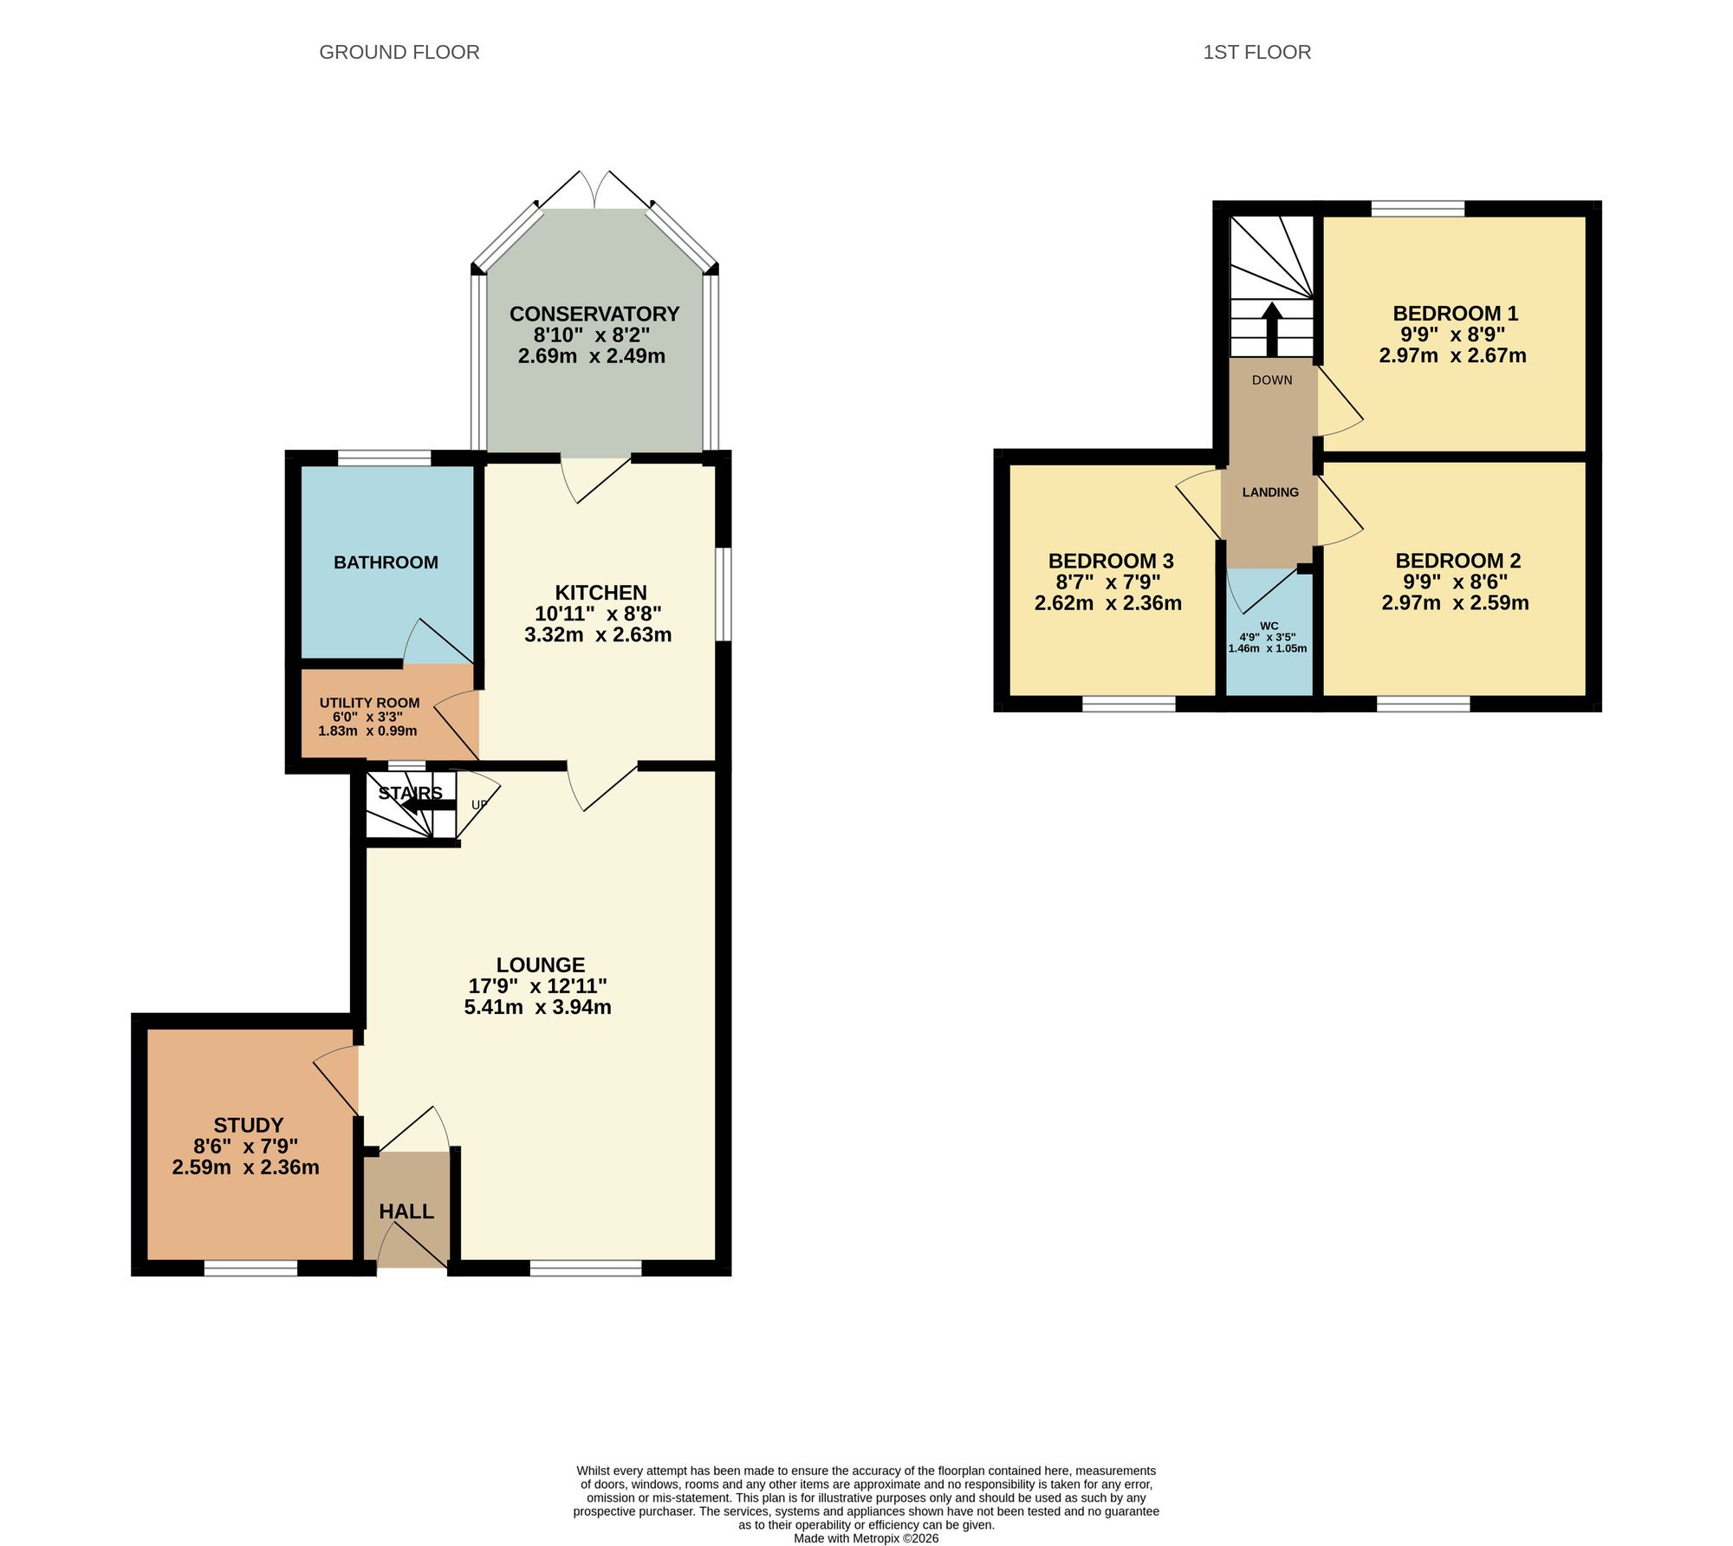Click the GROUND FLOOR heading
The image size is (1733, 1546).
[x=399, y=52]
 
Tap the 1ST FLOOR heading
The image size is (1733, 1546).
[x=1256, y=52]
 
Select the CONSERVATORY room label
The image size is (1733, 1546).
[x=594, y=314]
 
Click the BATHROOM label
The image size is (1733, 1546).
[x=386, y=562]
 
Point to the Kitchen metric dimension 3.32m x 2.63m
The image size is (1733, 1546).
[x=598, y=634]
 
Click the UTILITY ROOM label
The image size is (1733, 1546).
[x=369, y=703]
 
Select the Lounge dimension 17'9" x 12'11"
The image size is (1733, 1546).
[x=537, y=985]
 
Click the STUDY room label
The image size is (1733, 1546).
[x=249, y=1125]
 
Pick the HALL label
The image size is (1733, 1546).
[x=406, y=1211]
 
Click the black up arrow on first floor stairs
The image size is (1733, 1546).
[x=1271, y=328]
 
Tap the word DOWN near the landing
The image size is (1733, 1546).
[x=1271, y=380]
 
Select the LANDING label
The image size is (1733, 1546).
[x=1270, y=492]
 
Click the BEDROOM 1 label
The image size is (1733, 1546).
[x=1455, y=314]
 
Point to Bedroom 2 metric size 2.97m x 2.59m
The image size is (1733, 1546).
[x=1455, y=602]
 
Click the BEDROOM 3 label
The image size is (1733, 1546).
[x=1111, y=561]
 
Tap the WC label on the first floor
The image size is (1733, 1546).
[x=1269, y=626]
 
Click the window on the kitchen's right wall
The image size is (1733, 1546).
[x=723, y=594]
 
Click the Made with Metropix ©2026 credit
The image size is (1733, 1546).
[x=866, y=1538]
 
